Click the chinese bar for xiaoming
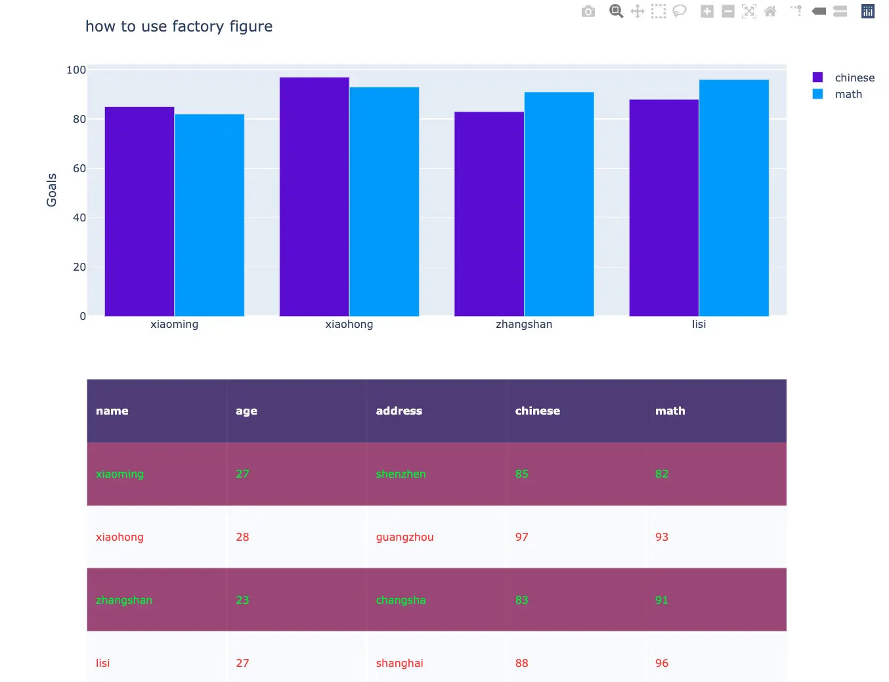click(139, 211)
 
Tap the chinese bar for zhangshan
click(489, 214)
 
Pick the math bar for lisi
click(733, 197)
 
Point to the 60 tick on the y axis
click(79, 168)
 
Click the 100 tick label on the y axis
click(76, 70)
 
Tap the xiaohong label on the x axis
click(349, 324)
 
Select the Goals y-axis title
click(52, 190)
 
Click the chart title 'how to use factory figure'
click(179, 26)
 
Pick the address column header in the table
click(399, 411)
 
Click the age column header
click(246, 411)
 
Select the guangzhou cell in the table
click(404, 537)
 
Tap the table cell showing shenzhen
click(401, 474)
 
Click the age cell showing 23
click(242, 600)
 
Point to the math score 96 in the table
click(661, 663)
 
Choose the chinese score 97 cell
click(521, 537)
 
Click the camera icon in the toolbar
click(588, 11)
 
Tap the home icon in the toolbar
click(770, 11)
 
